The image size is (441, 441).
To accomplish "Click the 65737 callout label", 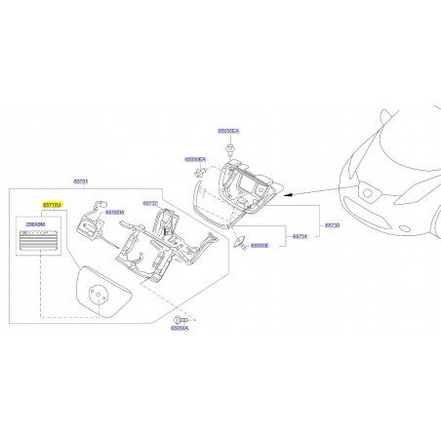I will pos(149,203).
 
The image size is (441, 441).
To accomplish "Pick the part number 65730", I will pos(332,224).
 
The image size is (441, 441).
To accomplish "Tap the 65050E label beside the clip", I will pos(260,246).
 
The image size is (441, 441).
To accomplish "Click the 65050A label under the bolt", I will pos(180,331).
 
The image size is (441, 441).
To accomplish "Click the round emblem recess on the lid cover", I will pos(97,294).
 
